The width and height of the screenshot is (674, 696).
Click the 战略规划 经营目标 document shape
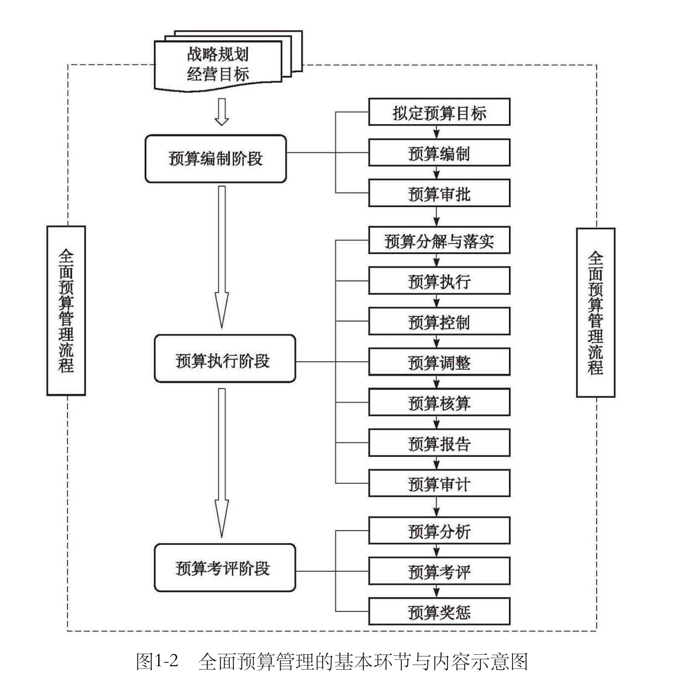point(218,65)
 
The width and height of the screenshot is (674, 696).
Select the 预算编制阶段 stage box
point(215,159)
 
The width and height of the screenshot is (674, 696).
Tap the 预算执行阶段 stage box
point(225,359)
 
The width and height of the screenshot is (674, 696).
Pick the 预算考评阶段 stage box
point(225,567)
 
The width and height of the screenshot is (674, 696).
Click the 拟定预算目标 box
point(439,112)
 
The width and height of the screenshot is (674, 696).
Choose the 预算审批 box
point(439,193)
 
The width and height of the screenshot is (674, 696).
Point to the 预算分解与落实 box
point(439,240)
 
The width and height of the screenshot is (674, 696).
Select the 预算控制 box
point(439,322)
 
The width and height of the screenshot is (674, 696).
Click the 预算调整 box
point(439,362)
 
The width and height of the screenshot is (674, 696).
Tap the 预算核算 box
point(439,403)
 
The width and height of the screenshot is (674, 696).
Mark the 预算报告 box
point(439,444)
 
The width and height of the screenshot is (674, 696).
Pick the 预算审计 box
point(439,484)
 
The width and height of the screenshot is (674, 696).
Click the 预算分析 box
point(439,531)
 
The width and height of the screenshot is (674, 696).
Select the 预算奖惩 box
point(439,612)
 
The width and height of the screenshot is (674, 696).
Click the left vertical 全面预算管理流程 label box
point(66,310)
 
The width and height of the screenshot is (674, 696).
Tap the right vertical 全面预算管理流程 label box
point(595,313)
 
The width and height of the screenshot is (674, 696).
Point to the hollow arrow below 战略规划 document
point(222,112)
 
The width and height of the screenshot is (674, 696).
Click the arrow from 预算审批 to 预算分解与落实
point(437,217)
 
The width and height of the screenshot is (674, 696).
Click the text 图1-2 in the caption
point(157,662)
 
